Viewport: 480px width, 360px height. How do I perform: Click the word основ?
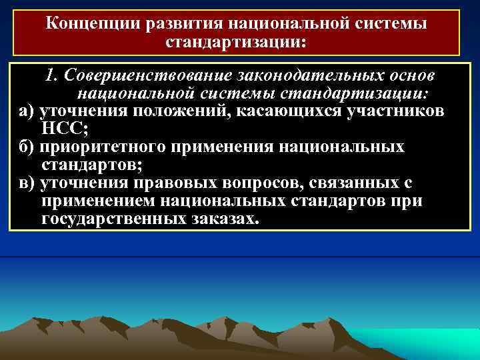pos(409,75)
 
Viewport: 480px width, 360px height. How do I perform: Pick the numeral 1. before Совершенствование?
pos(51,75)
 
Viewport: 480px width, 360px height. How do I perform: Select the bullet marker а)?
pos(27,111)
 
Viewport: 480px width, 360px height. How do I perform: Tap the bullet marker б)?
pos(27,147)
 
